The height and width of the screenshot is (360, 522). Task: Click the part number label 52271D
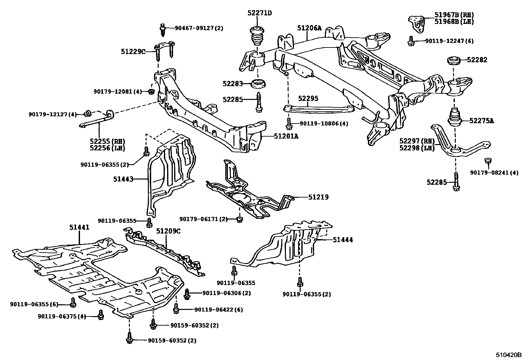259,13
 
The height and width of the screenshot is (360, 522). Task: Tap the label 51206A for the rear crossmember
309,28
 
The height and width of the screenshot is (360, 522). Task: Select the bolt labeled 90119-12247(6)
410,41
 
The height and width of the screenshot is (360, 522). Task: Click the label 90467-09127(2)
199,28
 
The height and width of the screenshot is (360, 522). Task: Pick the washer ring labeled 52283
258,84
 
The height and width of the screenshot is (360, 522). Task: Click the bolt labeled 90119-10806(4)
288,124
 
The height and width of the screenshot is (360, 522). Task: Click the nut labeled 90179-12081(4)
151,92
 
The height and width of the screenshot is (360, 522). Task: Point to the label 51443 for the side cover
123,179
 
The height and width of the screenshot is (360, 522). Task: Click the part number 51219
318,197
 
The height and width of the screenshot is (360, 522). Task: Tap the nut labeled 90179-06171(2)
239,219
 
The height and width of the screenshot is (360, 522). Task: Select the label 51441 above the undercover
79,227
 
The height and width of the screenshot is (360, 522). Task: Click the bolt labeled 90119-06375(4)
101,315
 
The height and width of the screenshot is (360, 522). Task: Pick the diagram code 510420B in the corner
508,355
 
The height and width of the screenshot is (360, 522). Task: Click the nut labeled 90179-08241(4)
488,161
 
